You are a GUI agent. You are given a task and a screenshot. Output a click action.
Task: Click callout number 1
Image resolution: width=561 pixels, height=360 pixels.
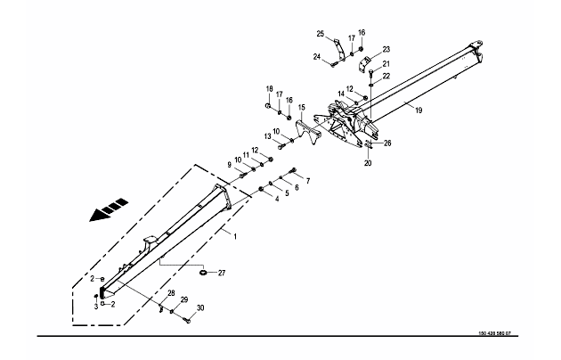pyautogui.click(x=234, y=235)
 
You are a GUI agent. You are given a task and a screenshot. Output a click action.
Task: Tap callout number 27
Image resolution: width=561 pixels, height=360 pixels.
pyautogui.click(x=223, y=273)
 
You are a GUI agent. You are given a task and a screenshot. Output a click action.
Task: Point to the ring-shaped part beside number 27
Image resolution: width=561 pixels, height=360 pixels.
pyautogui.click(x=204, y=273)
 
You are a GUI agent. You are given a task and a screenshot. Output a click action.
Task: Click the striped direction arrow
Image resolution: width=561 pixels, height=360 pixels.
pyautogui.click(x=106, y=211)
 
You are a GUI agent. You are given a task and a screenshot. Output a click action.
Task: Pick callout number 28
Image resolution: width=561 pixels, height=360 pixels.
pyautogui.click(x=170, y=292)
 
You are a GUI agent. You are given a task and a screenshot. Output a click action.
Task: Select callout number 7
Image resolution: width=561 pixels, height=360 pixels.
pyautogui.click(x=307, y=181)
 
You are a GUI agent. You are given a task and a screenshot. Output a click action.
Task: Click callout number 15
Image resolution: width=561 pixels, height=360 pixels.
pyautogui.click(x=301, y=108)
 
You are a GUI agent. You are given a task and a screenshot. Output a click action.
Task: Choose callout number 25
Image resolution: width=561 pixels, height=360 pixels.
pyautogui.click(x=321, y=34)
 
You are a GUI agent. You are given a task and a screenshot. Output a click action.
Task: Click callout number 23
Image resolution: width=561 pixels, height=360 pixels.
pyautogui.click(x=386, y=49)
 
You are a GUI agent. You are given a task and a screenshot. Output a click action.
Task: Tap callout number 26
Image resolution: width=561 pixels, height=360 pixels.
pyautogui.click(x=386, y=143)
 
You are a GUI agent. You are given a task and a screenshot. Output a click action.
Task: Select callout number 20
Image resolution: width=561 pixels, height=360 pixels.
pyautogui.click(x=368, y=163)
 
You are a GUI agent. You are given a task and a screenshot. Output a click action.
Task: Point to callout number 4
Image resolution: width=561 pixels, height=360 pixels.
pyautogui.click(x=277, y=199)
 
